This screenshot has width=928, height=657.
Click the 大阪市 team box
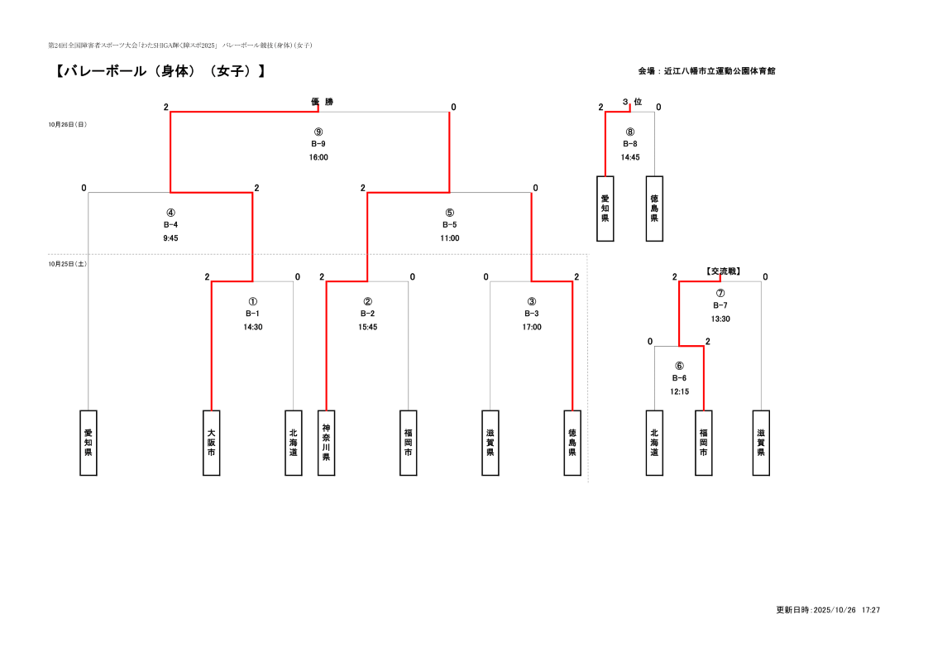212,443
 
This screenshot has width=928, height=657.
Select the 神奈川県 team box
326,443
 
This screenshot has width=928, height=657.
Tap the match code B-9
318,144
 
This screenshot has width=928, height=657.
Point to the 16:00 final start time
318,157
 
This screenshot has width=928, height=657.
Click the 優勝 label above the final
322,102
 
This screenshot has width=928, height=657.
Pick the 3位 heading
632,102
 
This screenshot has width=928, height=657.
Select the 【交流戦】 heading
722,271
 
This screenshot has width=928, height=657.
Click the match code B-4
171,225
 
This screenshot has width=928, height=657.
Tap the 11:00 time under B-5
450,238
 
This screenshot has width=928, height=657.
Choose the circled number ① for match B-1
253,302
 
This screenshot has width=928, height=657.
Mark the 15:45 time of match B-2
368,327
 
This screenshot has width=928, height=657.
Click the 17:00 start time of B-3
532,327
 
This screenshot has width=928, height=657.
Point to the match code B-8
630,144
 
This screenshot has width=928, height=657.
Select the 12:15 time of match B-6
680,391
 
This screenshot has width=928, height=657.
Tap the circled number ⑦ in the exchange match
720,293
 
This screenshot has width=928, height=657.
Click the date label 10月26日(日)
68,125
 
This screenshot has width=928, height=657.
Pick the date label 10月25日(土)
68,264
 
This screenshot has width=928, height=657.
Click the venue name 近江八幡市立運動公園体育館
719,71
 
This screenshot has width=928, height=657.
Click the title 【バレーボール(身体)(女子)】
160,72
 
